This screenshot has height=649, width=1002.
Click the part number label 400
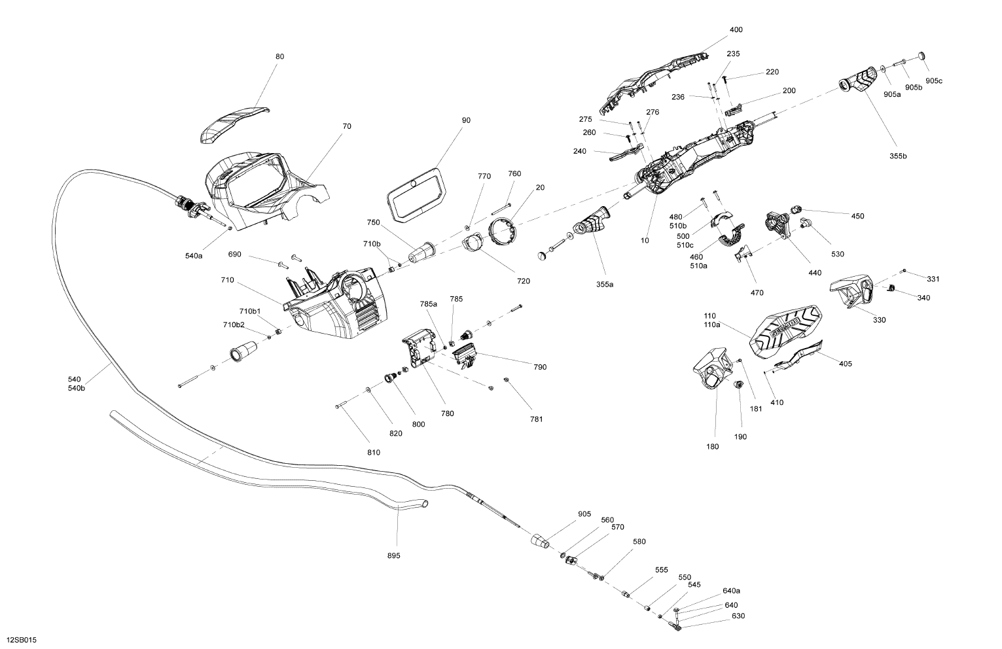click(736, 30)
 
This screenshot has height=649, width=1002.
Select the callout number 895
click(393, 555)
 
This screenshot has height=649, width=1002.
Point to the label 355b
click(899, 156)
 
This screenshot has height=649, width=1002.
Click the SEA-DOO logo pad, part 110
click(785, 330)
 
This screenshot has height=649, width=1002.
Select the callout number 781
click(536, 419)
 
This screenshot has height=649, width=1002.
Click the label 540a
click(194, 256)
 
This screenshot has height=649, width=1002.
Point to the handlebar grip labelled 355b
click(857, 81)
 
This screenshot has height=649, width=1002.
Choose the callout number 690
click(234, 254)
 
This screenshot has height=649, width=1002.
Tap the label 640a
click(731, 590)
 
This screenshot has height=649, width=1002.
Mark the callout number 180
click(713, 447)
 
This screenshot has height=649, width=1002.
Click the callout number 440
click(814, 273)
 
